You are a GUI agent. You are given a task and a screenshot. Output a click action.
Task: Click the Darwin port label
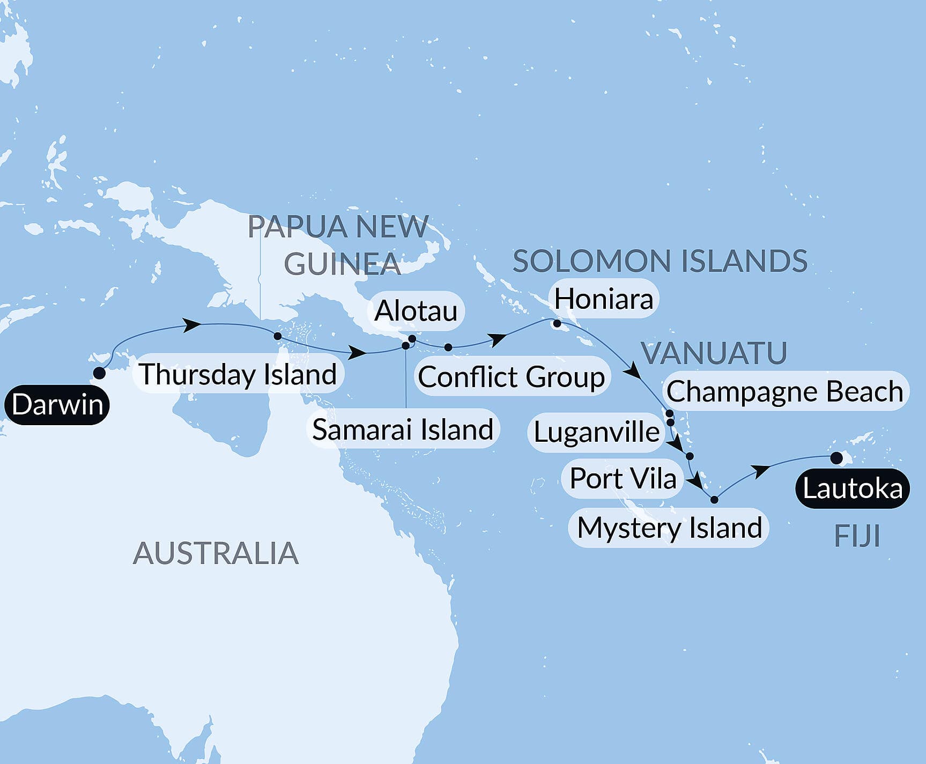pos(57,404)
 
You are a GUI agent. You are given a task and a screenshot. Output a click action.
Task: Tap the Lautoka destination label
pos(853,488)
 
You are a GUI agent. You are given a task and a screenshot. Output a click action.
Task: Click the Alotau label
pos(416,310)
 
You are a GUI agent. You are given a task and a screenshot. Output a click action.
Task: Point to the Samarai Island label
pos(403,429)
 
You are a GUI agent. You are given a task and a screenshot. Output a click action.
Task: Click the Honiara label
pos(603,299)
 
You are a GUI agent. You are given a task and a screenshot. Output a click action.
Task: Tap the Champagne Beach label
pos(784,391)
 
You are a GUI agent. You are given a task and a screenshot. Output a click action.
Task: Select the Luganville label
pos(596,432)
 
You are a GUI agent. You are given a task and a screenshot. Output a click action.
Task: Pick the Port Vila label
pos(623,478)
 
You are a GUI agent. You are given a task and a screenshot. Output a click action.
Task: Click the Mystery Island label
pos(669,528)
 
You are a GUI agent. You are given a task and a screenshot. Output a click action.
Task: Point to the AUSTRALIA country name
pos(216,553)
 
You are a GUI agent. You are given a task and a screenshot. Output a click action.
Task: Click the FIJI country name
pos(857,536)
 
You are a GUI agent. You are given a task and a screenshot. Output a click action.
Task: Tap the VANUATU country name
pos(714,353)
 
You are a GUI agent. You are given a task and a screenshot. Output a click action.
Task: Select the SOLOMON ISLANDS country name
pos(660,261)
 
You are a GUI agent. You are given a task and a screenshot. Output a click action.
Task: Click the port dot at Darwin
pos(99,373)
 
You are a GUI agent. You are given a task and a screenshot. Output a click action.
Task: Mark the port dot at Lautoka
pos(836,457)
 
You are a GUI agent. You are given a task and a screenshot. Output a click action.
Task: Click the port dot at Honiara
pos(557,323)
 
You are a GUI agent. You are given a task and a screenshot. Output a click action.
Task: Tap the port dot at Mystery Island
pos(714,500)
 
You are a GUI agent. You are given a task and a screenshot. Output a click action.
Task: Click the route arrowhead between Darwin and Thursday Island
pos(194,324)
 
